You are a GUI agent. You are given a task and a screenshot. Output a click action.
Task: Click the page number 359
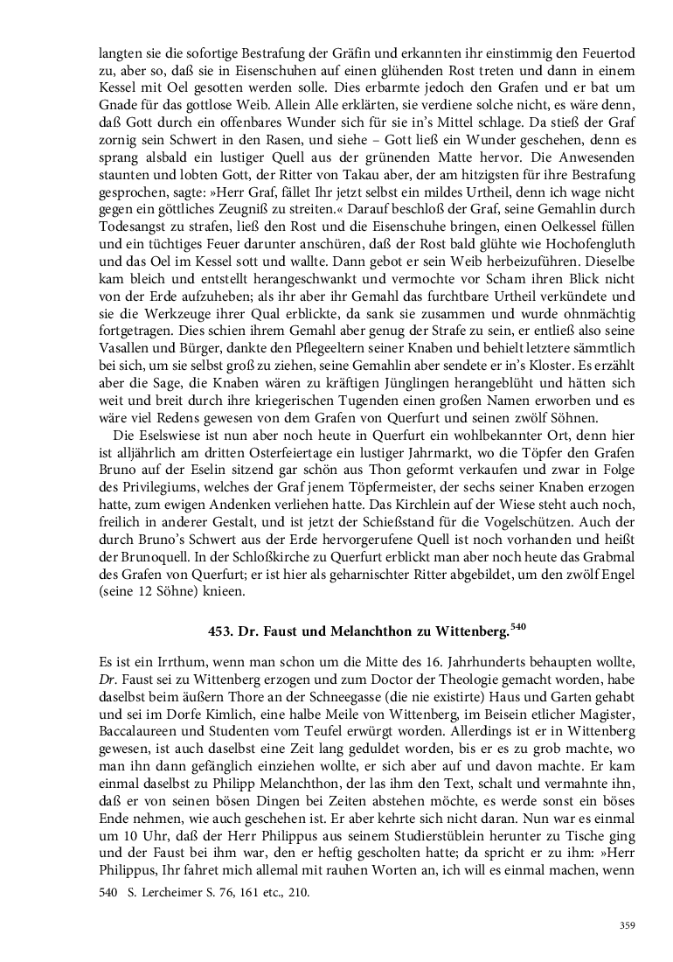click(627, 926)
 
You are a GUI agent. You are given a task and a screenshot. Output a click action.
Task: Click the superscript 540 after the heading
click(518, 625)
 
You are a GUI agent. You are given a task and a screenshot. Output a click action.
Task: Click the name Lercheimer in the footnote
click(175, 894)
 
